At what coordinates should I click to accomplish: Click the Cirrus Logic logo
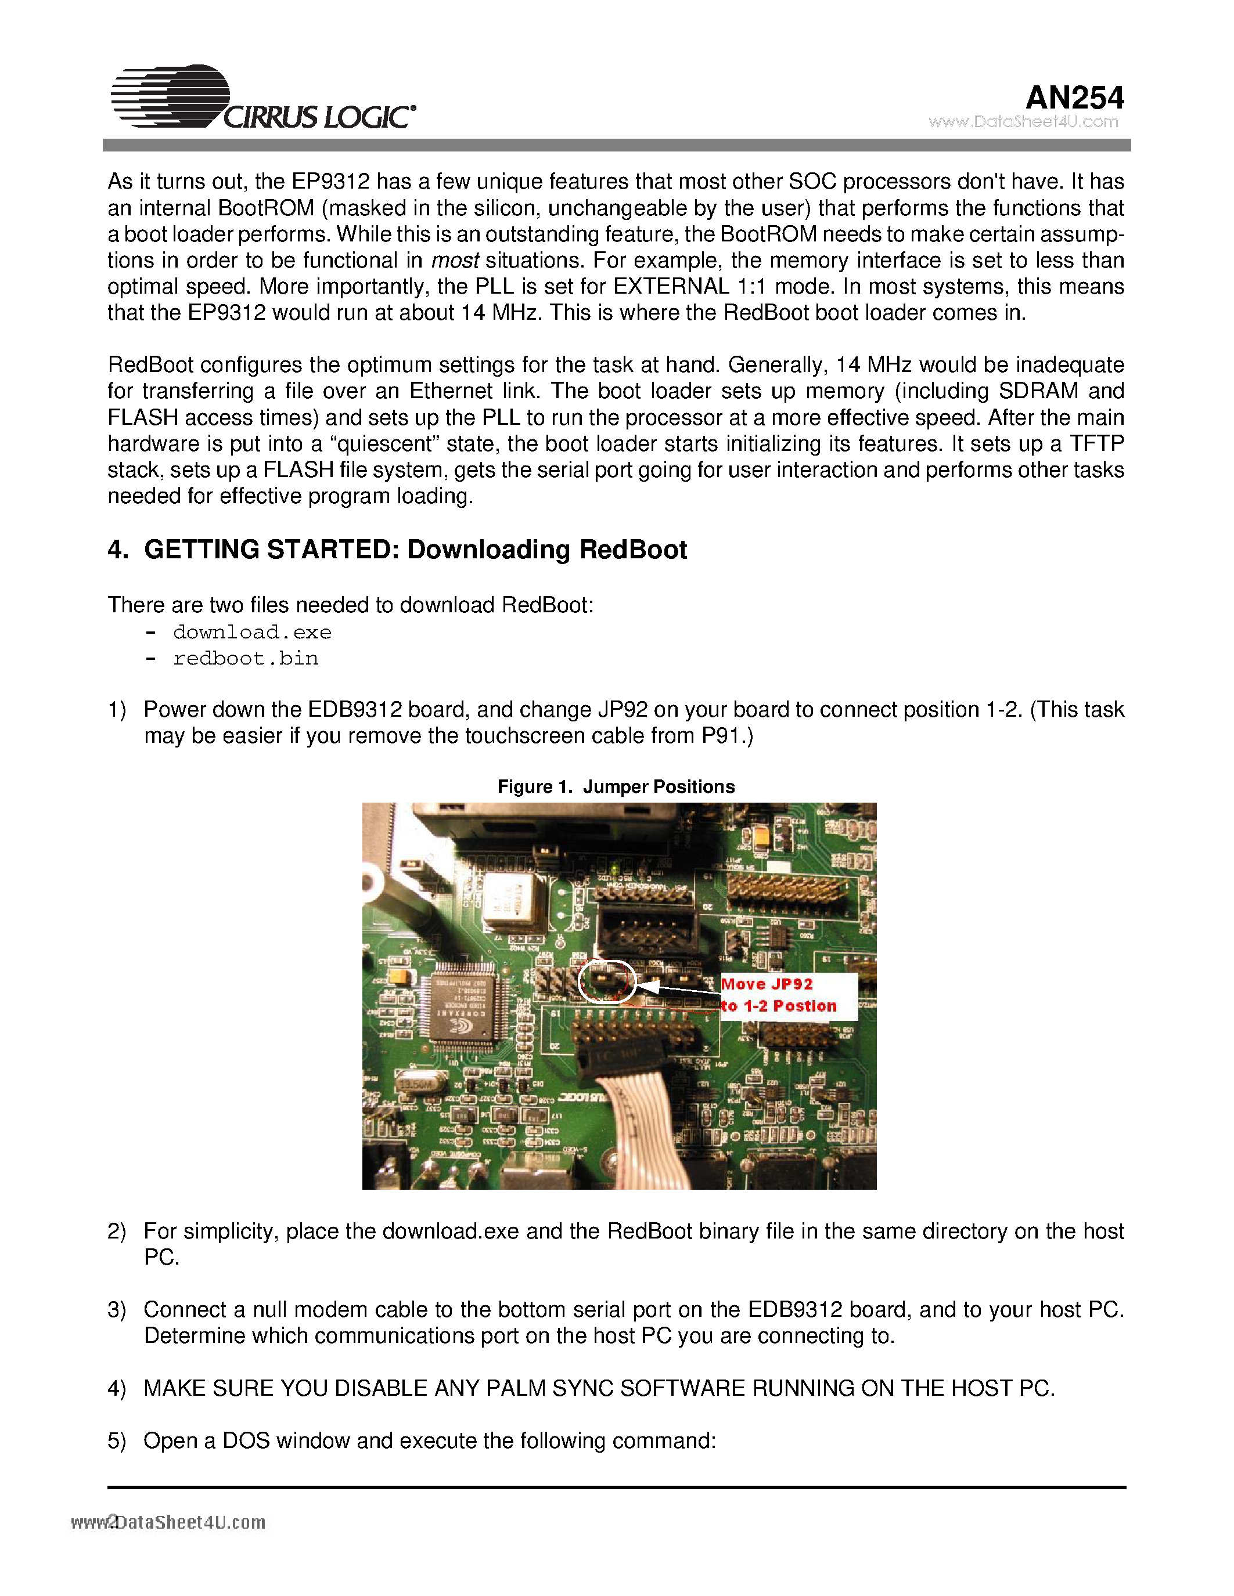click(x=263, y=99)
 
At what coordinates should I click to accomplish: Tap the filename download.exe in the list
click(x=252, y=632)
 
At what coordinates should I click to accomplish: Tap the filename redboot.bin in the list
click(x=246, y=659)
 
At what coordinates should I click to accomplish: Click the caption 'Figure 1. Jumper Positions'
click(x=616, y=786)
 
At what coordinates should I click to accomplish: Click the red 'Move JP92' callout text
click(x=767, y=984)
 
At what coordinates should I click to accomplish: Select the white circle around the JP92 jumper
click(x=606, y=981)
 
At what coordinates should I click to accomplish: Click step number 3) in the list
click(x=116, y=1309)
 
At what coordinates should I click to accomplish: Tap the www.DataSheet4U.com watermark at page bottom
click(x=168, y=1523)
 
